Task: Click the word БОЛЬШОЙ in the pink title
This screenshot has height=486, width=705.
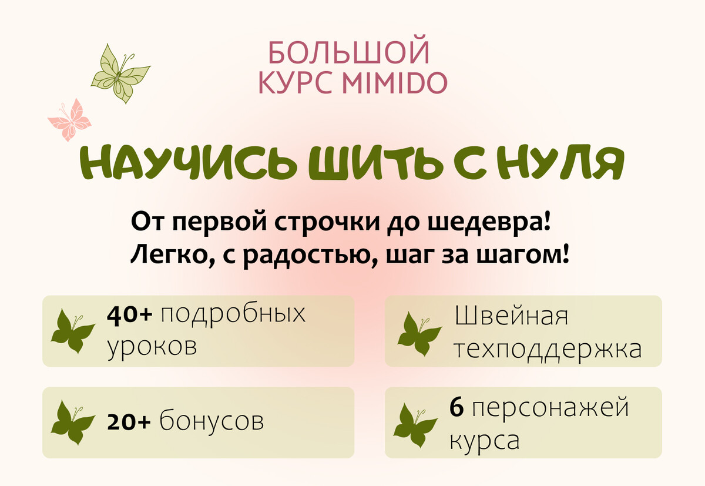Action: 349,52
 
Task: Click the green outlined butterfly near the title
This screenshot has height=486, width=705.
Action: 120,73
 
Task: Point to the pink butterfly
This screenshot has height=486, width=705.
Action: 69,120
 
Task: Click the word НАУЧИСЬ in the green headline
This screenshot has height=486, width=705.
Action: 187,162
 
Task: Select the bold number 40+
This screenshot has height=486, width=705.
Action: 130,314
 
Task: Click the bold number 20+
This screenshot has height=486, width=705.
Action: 129,422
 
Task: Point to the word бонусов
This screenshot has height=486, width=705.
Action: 212,421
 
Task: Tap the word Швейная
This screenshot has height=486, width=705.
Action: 512,316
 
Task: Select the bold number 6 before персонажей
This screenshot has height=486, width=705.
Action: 456,407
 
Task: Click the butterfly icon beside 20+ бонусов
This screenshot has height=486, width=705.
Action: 73,423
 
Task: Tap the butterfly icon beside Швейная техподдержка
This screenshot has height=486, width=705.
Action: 419,334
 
